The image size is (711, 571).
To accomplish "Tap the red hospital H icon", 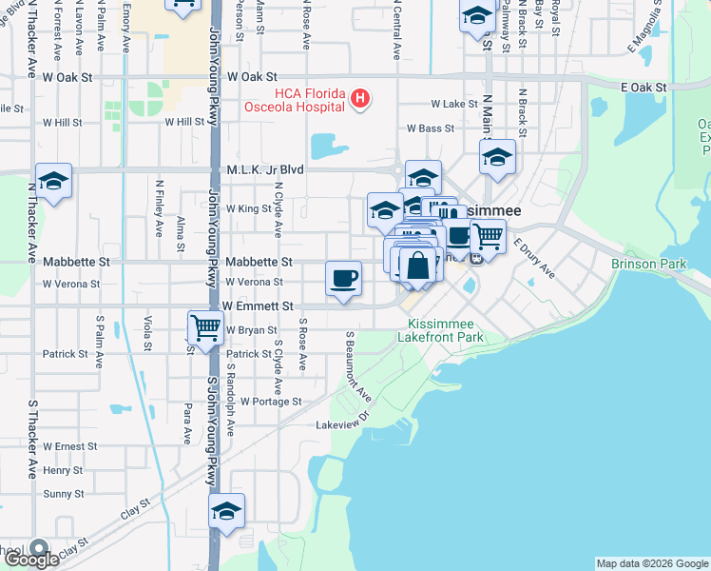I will pyautogui.click(x=360, y=97).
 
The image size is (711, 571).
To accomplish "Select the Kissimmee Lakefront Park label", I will pyautogui.click(x=447, y=330).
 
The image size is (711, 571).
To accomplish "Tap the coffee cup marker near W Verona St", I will pyautogui.click(x=344, y=278).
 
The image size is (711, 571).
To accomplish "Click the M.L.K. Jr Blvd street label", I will pyautogui.click(x=265, y=169).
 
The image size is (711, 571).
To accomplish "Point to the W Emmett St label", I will pyautogui.click(x=258, y=306).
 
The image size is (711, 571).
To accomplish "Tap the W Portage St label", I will pyautogui.click(x=271, y=402).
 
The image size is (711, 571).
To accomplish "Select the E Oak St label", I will pyautogui.click(x=644, y=88).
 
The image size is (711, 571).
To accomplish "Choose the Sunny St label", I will pyautogui.click(x=64, y=494).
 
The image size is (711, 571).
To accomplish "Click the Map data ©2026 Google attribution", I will pyautogui.click(x=652, y=563).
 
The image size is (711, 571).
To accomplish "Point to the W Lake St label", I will pyautogui.click(x=452, y=104).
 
